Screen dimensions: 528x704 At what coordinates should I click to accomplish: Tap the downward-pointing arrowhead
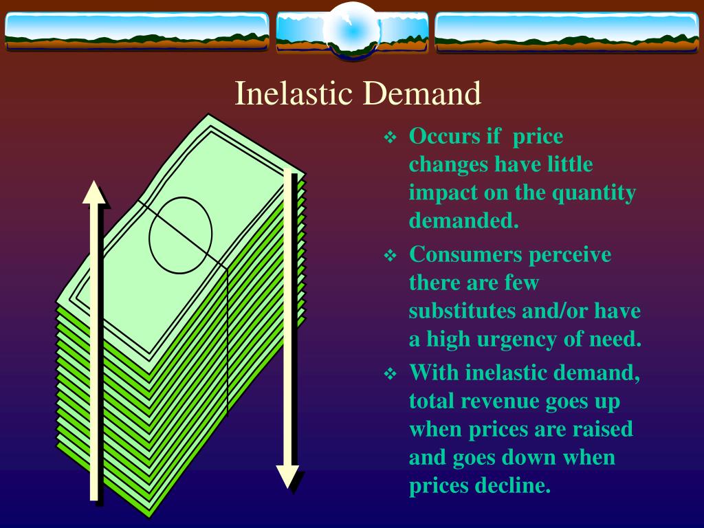pos(287,476)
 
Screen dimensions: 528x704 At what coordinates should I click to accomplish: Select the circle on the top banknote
pos(181,234)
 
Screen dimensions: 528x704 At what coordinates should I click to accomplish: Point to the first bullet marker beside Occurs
pos(390,137)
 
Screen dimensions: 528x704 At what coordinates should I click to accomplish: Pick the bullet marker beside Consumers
pos(390,256)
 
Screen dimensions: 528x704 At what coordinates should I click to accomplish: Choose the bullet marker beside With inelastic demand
pos(390,374)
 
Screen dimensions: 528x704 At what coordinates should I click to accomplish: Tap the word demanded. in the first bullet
pos(463,221)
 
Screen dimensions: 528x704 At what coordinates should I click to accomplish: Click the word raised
pos(601,429)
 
